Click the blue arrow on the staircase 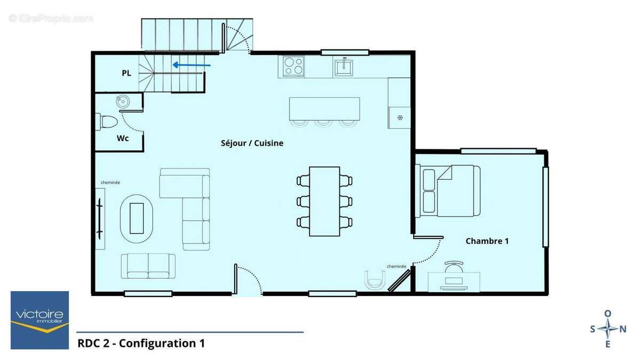191,66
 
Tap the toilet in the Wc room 108,122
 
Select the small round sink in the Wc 122,101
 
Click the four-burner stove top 293,67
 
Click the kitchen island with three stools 324,109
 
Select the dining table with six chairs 324,201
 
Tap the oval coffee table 137,218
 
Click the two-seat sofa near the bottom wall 148,266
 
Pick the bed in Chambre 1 451,190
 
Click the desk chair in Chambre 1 454,266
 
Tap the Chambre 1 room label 487,241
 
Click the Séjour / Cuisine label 252,143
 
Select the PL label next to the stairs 126,73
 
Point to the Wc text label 123,138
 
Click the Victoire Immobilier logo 40,320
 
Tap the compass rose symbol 607,329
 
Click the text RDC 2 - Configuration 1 141,343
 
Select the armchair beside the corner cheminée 375,279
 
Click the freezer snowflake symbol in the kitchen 399,117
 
